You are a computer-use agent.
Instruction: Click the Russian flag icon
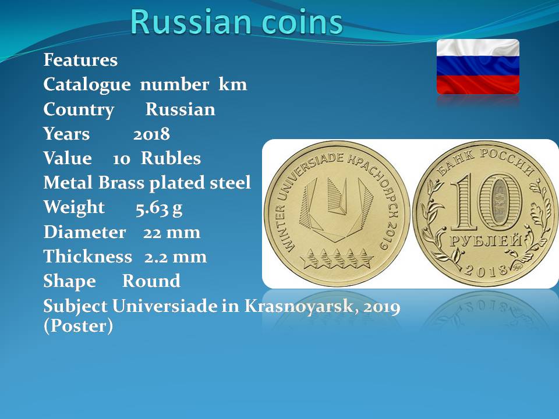[x=477, y=66]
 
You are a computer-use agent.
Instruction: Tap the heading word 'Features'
[x=80, y=59]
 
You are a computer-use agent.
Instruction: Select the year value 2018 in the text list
[x=151, y=134]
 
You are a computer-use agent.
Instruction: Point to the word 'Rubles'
[x=171, y=158]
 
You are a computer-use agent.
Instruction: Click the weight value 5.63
[x=152, y=208]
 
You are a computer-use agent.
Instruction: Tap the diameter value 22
[x=152, y=232]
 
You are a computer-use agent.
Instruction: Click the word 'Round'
[x=151, y=281]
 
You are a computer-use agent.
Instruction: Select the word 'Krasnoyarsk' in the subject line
[x=302, y=307]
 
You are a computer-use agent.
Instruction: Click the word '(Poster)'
[x=78, y=326]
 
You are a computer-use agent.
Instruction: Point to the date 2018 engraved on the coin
[x=485, y=271]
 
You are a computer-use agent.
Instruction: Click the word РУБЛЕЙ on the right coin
[x=485, y=241]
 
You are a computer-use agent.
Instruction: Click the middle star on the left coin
[x=337, y=258]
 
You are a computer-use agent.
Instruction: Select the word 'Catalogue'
[x=87, y=85]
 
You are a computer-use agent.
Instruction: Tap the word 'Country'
[x=79, y=110]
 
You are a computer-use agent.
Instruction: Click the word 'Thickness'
[x=88, y=257]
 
